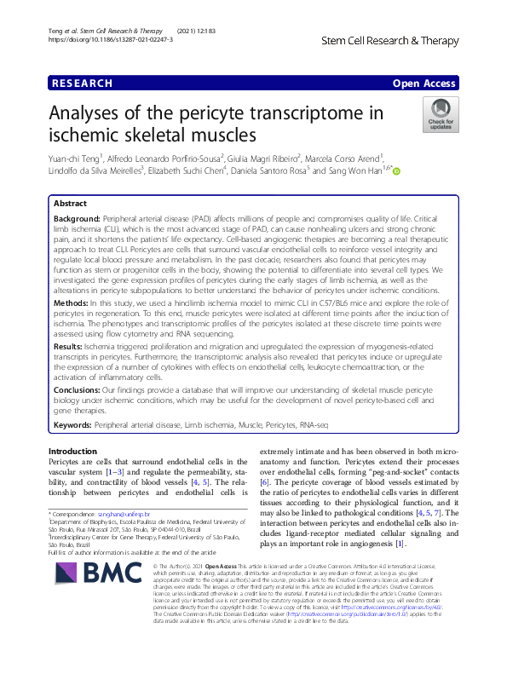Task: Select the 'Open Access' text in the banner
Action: point(425,83)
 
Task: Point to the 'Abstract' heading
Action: point(70,205)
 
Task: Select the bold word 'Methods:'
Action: point(73,302)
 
